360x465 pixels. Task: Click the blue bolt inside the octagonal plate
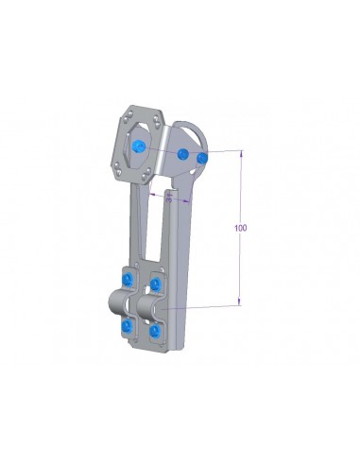[141, 145]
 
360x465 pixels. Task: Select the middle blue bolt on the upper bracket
[182, 153]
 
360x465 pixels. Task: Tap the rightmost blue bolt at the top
[202, 156]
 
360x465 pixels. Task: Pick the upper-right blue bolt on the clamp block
[158, 284]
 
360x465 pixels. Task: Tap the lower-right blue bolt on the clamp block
[156, 333]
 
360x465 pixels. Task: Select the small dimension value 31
[168, 198]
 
